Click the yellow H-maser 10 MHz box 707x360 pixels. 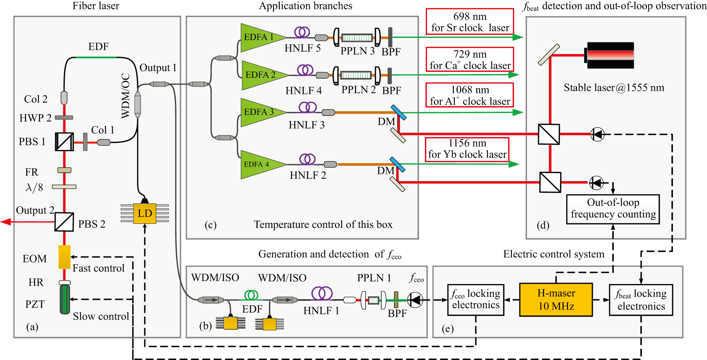tap(556, 299)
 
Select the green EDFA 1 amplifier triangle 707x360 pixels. tap(258, 37)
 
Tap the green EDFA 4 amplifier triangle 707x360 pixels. tap(258, 164)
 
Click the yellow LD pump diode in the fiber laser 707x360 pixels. tap(145, 214)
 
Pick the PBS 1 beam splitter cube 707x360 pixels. tap(64, 142)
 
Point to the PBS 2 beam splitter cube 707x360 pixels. tap(64, 222)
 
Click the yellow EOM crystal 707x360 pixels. tap(64, 257)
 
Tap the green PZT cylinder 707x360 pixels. tap(65, 299)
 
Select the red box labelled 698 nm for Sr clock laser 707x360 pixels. tap(470, 22)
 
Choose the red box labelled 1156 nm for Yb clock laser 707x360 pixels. tap(467, 149)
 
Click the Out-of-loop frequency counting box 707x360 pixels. tap(613, 209)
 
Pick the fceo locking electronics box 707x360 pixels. tap(476, 299)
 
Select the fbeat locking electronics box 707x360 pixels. tap(641, 300)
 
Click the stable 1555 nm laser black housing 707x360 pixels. tap(610, 55)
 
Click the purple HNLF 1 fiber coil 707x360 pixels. tap(321, 293)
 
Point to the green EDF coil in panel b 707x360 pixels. tap(251, 296)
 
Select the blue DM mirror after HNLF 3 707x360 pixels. tap(398, 112)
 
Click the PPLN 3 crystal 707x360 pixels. tap(357, 37)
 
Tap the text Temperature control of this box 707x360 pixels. tap(323, 225)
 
